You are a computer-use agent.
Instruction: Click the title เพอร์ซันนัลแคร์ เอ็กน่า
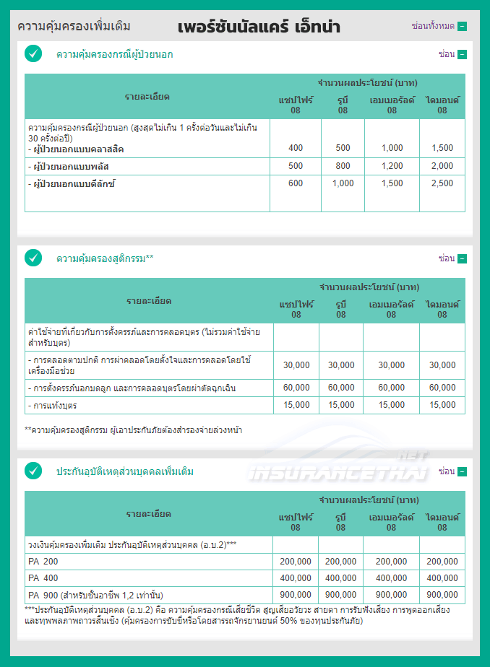click(x=258, y=27)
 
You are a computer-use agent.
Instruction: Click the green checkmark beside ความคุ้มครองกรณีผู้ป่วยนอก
click(x=33, y=53)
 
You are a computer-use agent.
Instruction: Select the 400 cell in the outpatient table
click(x=295, y=148)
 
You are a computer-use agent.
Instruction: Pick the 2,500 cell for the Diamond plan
click(x=442, y=183)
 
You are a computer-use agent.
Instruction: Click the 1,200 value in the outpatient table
click(x=392, y=166)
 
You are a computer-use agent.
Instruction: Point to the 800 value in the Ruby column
click(x=343, y=166)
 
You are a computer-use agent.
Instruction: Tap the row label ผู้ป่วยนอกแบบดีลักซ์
click(x=74, y=184)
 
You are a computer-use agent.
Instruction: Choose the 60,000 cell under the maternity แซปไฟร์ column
click(x=296, y=388)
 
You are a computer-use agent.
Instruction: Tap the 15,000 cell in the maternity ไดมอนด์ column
click(x=442, y=406)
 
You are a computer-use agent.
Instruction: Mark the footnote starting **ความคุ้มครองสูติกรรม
click(x=133, y=430)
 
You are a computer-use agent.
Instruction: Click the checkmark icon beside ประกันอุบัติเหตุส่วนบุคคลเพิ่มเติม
click(x=33, y=471)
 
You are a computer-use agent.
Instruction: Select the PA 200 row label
click(x=43, y=561)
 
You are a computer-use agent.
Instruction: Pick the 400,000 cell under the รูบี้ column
click(x=340, y=578)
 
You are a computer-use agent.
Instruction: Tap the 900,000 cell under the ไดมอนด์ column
click(x=442, y=596)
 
